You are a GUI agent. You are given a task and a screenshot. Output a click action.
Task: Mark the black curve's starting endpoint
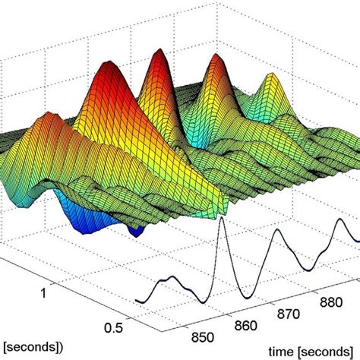[135, 301]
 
